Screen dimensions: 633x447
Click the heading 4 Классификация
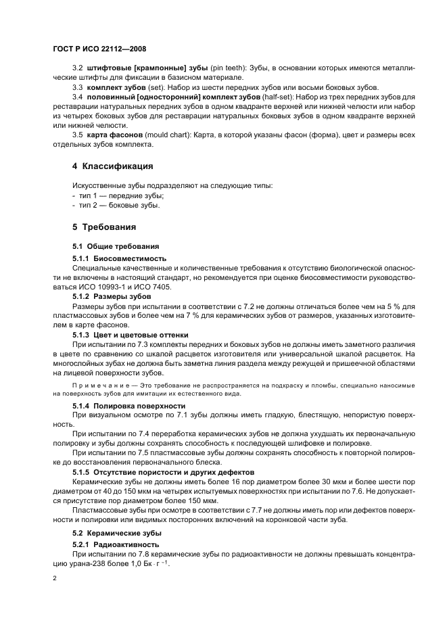(x=112, y=166)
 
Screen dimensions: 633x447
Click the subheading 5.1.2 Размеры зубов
(x=112, y=296)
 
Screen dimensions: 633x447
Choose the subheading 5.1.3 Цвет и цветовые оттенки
(x=130, y=335)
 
